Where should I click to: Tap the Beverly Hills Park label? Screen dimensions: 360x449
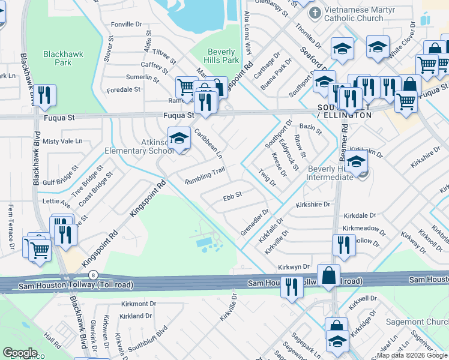tap(222, 56)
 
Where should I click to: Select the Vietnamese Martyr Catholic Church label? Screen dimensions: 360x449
tap(354, 14)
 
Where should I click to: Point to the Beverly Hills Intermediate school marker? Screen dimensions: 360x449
tap(356, 162)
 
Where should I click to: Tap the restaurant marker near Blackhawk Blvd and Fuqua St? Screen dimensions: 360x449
tap(44, 96)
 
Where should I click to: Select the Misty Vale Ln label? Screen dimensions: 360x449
tap(62, 141)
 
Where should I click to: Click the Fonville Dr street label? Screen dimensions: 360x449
tap(130, 25)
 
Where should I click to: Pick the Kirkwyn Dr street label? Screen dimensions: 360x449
tap(294, 266)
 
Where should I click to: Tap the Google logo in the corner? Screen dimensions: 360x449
tap(20, 353)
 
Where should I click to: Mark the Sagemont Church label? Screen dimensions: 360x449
tap(422, 321)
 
